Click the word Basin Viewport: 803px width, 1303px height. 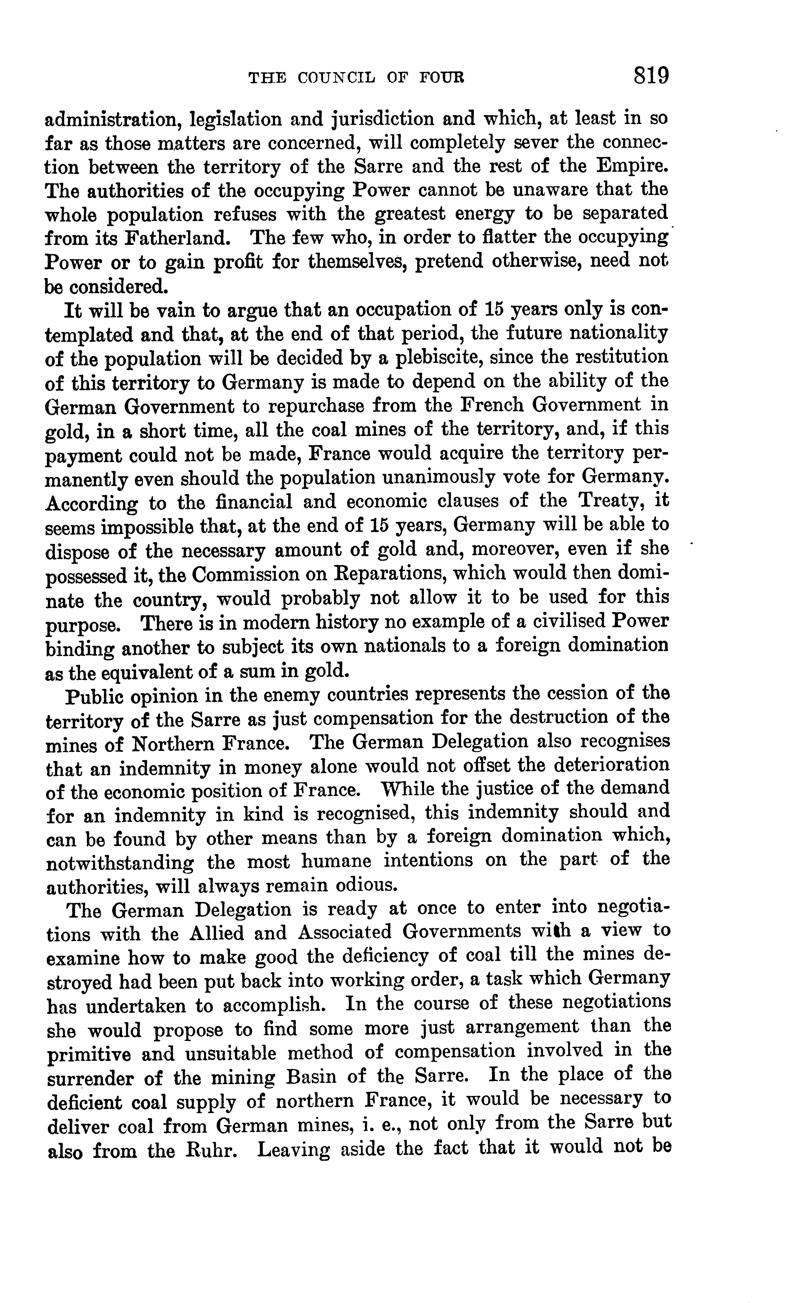[309, 1077]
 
